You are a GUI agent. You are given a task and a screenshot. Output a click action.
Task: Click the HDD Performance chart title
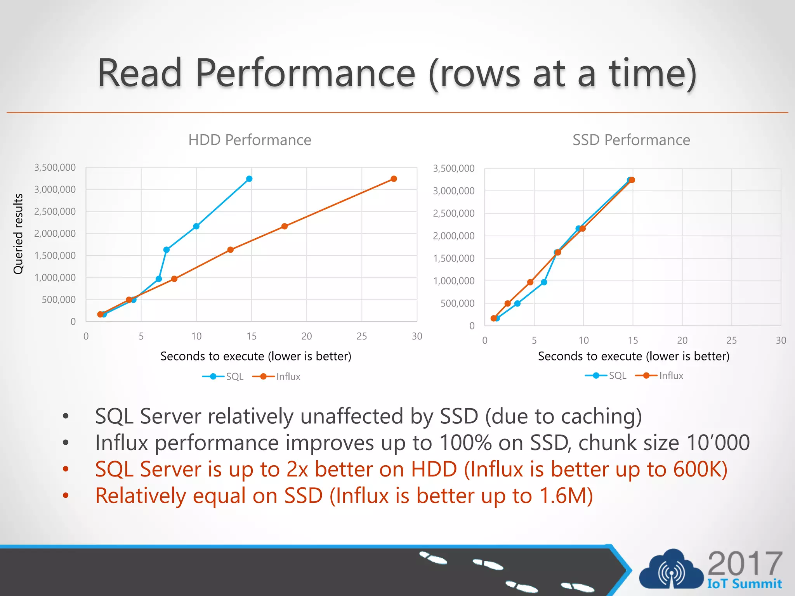pyautogui.click(x=250, y=140)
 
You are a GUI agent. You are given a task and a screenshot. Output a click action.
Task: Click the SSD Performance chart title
pyautogui.click(x=631, y=140)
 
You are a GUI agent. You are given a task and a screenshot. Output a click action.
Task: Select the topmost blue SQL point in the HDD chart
pyautogui.click(x=249, y=179)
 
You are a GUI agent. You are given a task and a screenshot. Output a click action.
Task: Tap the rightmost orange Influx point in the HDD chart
pyautogui.click(x=394, y=179)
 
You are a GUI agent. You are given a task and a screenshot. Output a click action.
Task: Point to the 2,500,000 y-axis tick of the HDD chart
pyautogui.click(x=55, y=211)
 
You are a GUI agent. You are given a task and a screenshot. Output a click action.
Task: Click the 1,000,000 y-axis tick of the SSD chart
pyautogui.click(x=453, y=281)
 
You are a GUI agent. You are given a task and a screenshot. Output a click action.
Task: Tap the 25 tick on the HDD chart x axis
pyautogui.click(x=362, y=336)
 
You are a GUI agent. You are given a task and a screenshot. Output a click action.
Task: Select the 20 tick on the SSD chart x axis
pyautogui.click(x=682, y=341)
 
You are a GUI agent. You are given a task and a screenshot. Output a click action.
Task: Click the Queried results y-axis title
pyautogui.click(x=18, y=234)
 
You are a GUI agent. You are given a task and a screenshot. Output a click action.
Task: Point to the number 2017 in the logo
pyautogui.click(x=745, y=564)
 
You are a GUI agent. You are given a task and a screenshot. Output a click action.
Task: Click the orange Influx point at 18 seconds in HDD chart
pyautogui.click(x=284, y=226)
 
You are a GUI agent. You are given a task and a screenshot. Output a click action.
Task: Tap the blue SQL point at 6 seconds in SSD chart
pyautogui.click(x=544, y=282)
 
